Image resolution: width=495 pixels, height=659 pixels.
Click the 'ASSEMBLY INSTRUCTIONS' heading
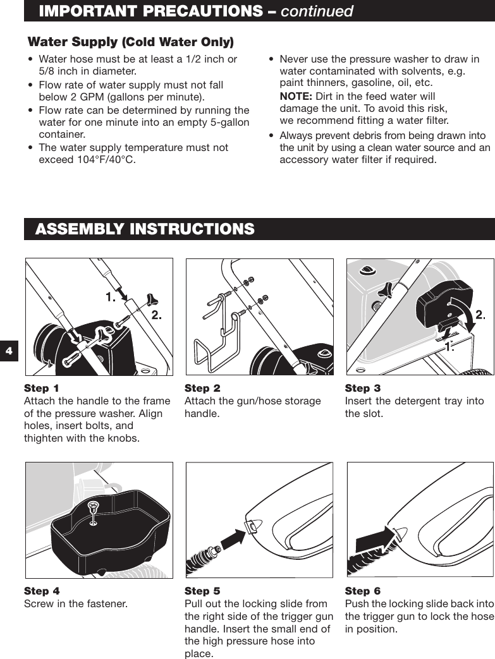click(145, 229)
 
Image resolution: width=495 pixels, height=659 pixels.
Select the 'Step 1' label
click(42, 388)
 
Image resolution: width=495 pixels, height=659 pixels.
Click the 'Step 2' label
click(202, 388)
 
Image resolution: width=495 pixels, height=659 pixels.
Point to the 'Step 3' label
click(363, 388)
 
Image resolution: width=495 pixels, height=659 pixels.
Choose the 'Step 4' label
click(42, 591)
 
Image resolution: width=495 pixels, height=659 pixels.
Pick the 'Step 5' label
click(202, 591)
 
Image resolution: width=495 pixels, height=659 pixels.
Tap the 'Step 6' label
click(363, 591)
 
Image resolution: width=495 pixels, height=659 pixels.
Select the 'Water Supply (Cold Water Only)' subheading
click(130, 42)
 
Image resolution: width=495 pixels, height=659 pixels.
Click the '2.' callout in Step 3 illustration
click(480, 315)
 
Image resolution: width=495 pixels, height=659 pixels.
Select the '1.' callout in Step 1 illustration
click(111, 296)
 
